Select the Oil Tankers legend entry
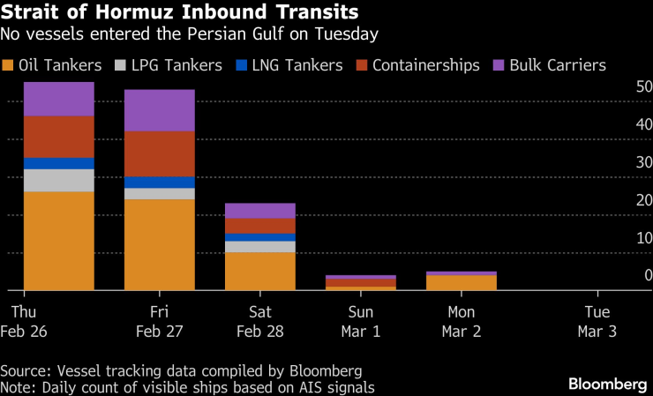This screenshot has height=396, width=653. coord(53,65)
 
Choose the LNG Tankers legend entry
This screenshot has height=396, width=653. coord(278,65)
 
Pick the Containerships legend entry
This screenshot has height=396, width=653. coord(417,65)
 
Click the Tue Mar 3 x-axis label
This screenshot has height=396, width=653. coord(597,322)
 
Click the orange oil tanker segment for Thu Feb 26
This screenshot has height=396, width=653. coord(59,240)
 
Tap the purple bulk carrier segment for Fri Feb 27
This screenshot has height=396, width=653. coord(160,110)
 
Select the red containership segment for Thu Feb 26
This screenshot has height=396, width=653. coord(59,137)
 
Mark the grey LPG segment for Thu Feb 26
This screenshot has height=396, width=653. coord(59,180)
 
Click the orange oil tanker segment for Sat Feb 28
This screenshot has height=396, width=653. coord(260,271)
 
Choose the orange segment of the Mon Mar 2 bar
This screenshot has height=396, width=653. coord(462,282)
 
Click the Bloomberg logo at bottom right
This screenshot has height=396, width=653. coord(606,384)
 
